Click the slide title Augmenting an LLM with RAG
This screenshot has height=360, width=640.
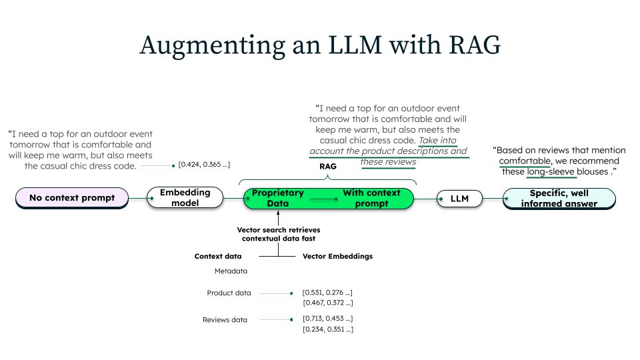tap(319, 45)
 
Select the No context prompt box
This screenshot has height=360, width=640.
tap(72, 198)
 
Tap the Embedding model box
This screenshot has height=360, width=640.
tap(185, 198)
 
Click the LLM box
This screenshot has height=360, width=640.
tap(460, 199)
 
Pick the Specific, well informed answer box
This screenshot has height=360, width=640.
tap(559, 199)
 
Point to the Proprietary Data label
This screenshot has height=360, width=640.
tap(277, 198)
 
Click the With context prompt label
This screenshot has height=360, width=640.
tap(371, 198)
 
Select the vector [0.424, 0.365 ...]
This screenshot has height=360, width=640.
tap(204, 164)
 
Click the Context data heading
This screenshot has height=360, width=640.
tap(218, 256)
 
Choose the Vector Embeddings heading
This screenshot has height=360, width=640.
tap(337, 256)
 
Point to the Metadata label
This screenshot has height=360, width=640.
tap(231, 271)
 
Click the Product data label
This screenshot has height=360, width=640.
tap(229, 293)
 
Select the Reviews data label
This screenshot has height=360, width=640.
tap(225, 320)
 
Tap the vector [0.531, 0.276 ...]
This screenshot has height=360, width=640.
tap(327, 292)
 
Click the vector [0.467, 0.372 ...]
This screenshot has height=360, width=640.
tap(327, 303)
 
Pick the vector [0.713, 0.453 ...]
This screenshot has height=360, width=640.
tap(327, 318)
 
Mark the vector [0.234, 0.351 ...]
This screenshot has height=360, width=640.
tap(327, 329)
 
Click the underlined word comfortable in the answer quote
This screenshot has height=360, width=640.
tap(525, 161)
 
